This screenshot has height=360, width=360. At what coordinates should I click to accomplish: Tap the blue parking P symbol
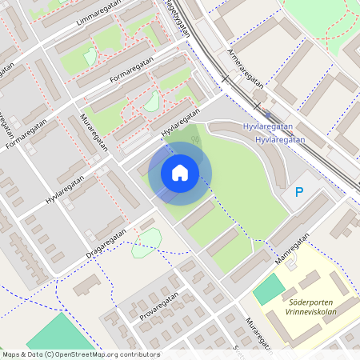coord(299,192)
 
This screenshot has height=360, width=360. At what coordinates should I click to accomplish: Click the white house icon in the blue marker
coord(180,173)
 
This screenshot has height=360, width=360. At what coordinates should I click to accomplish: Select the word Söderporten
coord(310,302)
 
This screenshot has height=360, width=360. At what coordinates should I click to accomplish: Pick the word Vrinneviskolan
coord(310,313)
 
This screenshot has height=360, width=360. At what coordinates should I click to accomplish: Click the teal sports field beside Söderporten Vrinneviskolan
coord(269,290)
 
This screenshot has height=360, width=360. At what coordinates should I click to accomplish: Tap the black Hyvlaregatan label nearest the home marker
coord(178,124)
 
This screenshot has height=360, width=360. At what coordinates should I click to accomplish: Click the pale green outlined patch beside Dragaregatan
coord(146,243)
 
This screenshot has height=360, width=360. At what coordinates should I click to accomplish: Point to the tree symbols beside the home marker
coord(195,142)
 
